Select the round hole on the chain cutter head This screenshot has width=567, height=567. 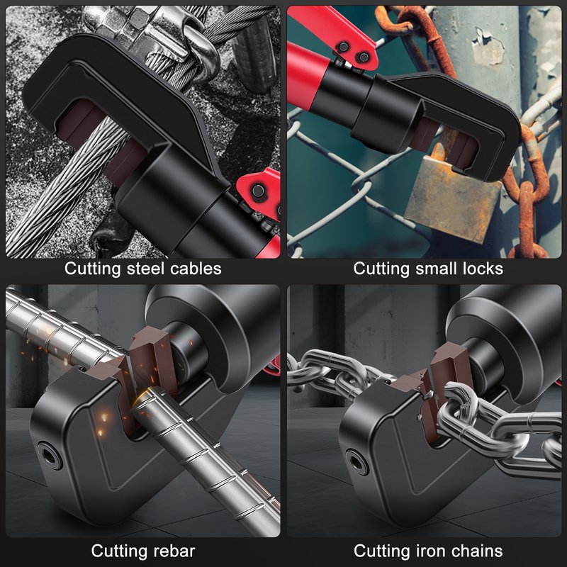[x=357, y=461]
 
